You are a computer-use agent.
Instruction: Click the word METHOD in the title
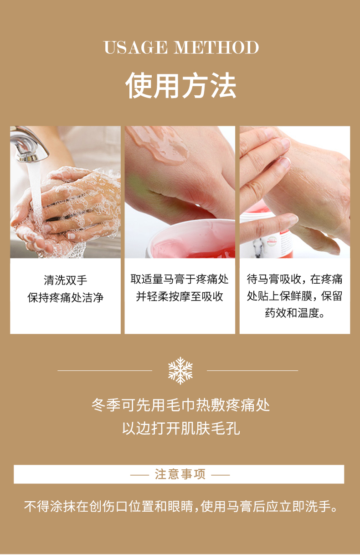pos(216,47)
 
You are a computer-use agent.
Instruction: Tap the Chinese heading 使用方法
pos(181,85)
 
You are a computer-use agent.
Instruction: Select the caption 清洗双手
pos(65,280)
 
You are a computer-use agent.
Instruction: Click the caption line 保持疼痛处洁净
pos(65,297)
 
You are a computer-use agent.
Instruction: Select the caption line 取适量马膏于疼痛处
pos(180,279)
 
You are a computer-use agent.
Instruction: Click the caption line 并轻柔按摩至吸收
pos(180,296)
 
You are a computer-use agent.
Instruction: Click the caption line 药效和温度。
pos(295,313)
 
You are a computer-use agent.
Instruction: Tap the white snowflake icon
pos(180,370)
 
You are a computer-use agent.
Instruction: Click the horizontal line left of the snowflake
pos(105,370)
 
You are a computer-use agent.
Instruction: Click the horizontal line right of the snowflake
pos(252,370)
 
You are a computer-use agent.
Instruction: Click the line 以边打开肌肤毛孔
pos(181,428)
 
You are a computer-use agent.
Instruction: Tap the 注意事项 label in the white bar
pos(180,474)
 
